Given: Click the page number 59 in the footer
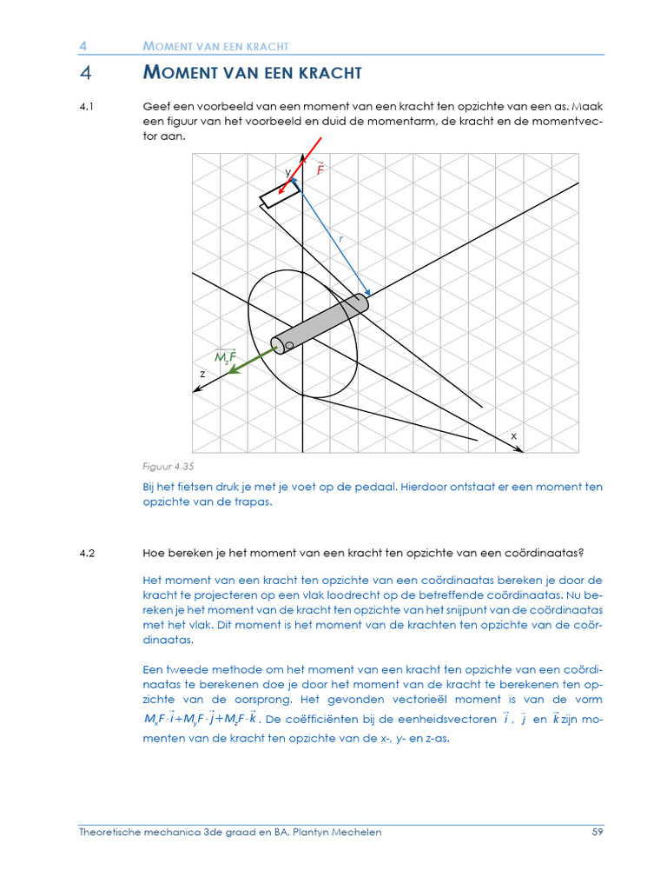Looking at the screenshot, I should pos(597,832).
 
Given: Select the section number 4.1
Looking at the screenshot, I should pos(85,106).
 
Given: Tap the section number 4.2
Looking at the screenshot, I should pos(85,552).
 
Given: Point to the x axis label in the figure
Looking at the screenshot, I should pos(513,435).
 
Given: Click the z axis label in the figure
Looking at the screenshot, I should pos(202,373).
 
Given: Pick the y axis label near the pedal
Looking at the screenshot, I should pos(287,173).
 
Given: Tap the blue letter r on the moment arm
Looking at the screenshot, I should pos(341,237).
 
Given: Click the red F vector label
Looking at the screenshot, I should pos(320,169).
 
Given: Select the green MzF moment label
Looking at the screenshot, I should pos(226,356).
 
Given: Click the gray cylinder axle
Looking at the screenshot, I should pos(320,322).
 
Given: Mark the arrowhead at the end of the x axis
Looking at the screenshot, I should pos(518,449).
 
